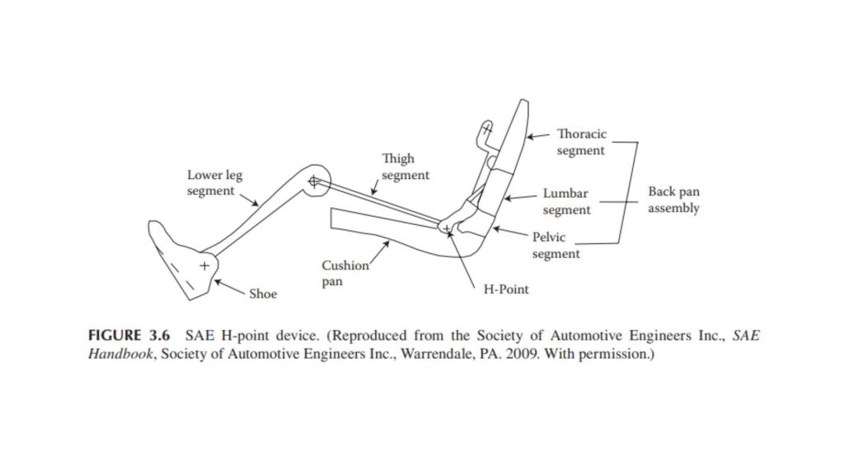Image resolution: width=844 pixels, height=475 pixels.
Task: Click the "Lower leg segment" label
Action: click(x=215, y=183)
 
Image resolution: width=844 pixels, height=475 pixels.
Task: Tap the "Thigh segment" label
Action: click(x=406, y=167)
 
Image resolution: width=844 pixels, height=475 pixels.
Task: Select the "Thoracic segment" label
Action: click(x=581, y=142)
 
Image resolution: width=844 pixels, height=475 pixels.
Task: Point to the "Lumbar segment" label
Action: click(x=566, y=201)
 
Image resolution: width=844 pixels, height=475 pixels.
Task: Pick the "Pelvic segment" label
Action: click(x=556, y=246)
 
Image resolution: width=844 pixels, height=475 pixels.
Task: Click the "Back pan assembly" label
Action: click(x=673, y=200)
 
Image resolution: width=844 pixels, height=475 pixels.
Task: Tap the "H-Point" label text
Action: click(x=506, y=289)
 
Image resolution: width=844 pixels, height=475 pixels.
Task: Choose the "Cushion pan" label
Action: click(x=345, y=274)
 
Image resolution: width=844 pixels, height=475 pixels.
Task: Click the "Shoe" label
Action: click(x=263, y=294)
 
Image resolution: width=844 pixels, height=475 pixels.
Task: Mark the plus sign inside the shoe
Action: click(x=204, y=266)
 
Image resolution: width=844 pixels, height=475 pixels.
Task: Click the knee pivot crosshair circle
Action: click(x=314, y=181)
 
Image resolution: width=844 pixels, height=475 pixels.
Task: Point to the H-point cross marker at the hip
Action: click(x=447, y=228)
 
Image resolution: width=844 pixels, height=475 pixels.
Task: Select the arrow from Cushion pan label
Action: click(x=379, y=252)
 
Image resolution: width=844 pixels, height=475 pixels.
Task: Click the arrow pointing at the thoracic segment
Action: click(x=538, y=136)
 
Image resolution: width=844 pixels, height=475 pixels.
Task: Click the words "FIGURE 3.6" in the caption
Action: click(x=129, y=336)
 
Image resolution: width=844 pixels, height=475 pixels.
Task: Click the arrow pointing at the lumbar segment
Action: click(x=520, y=198)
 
